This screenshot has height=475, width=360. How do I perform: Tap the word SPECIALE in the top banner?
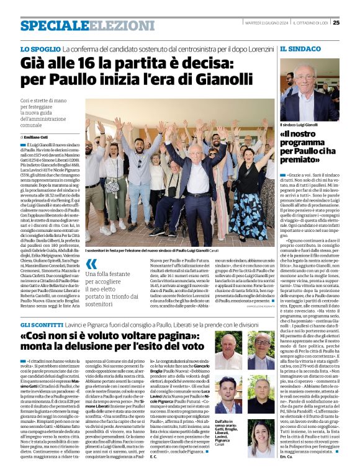50,25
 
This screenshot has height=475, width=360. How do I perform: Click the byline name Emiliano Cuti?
37,136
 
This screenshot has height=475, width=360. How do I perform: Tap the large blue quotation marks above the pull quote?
91,265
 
